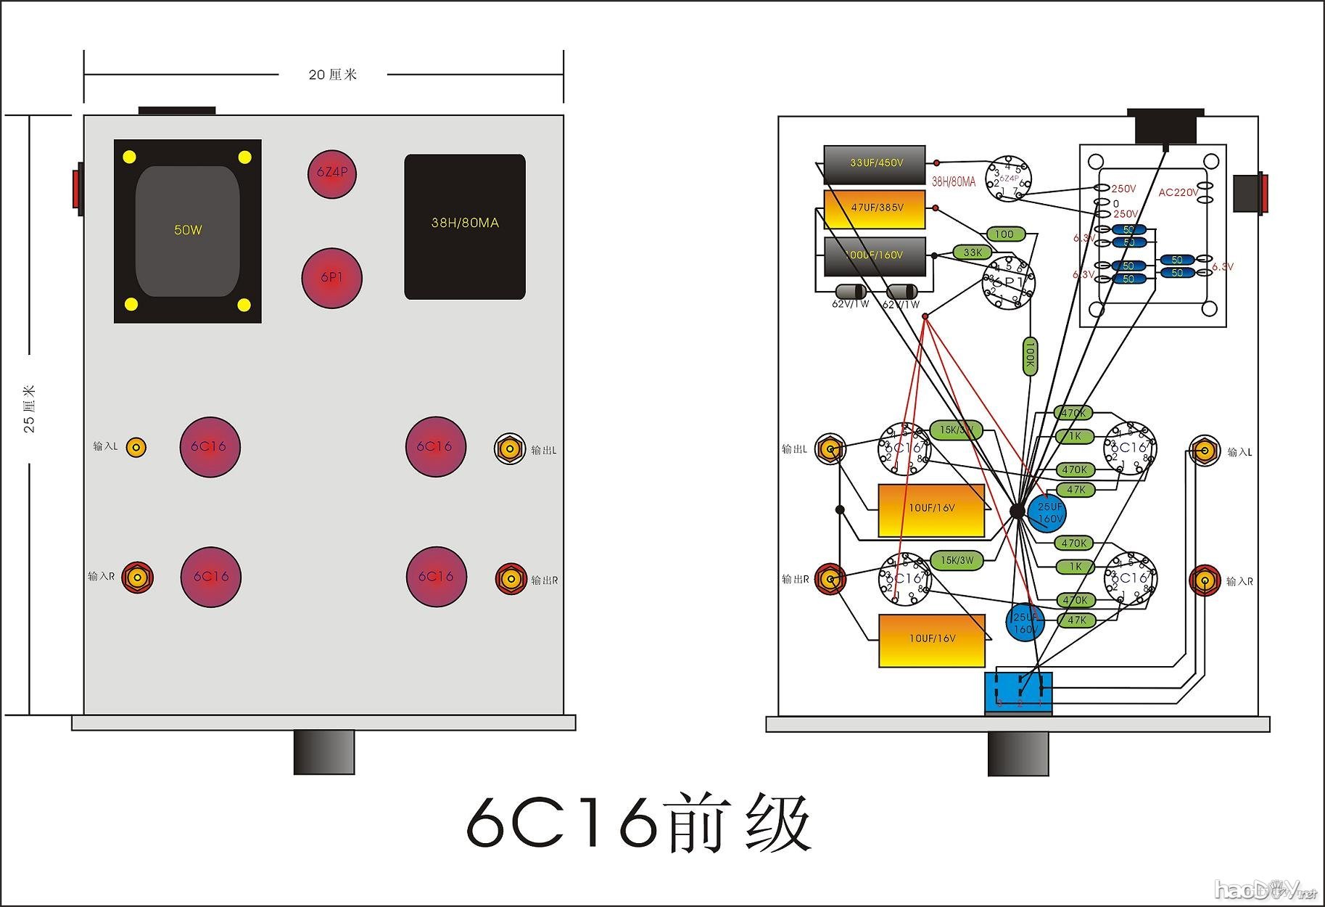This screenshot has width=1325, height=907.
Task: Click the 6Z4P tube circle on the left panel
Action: [332, 174]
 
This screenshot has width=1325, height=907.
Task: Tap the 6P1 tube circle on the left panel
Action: [332, 278]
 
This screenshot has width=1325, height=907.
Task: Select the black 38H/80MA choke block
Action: [465, 226]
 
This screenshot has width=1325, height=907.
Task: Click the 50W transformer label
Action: [188, 230]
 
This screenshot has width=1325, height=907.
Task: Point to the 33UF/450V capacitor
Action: [875, 163]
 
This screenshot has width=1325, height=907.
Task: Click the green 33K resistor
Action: [973, 253]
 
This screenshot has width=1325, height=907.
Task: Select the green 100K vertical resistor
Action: [1029, 356]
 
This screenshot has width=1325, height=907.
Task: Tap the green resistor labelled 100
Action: [1005, 234]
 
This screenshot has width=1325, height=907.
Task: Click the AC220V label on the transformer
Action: [1179, 192]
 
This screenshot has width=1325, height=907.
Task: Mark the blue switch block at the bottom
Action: [1018, 692]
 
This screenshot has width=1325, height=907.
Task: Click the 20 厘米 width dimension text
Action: [333, 75]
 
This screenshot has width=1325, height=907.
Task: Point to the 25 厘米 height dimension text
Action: [30, 409]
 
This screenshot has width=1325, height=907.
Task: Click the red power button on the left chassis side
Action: [77, 192]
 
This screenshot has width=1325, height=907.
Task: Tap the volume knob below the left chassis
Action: [324, 752]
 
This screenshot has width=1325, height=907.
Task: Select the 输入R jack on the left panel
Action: [136, 578]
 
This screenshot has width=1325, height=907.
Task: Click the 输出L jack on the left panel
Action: [510, 449]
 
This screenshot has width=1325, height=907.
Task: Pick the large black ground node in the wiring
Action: [1018, 512]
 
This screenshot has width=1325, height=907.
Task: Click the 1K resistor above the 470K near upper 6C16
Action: [1075, 436]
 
